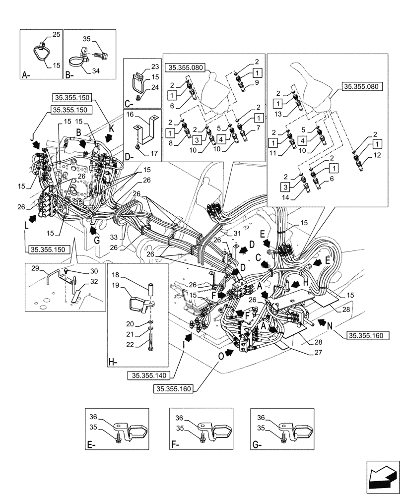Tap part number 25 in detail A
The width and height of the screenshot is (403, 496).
[x=56, y=35]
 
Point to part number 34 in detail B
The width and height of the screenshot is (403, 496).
[x=96, y=71]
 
